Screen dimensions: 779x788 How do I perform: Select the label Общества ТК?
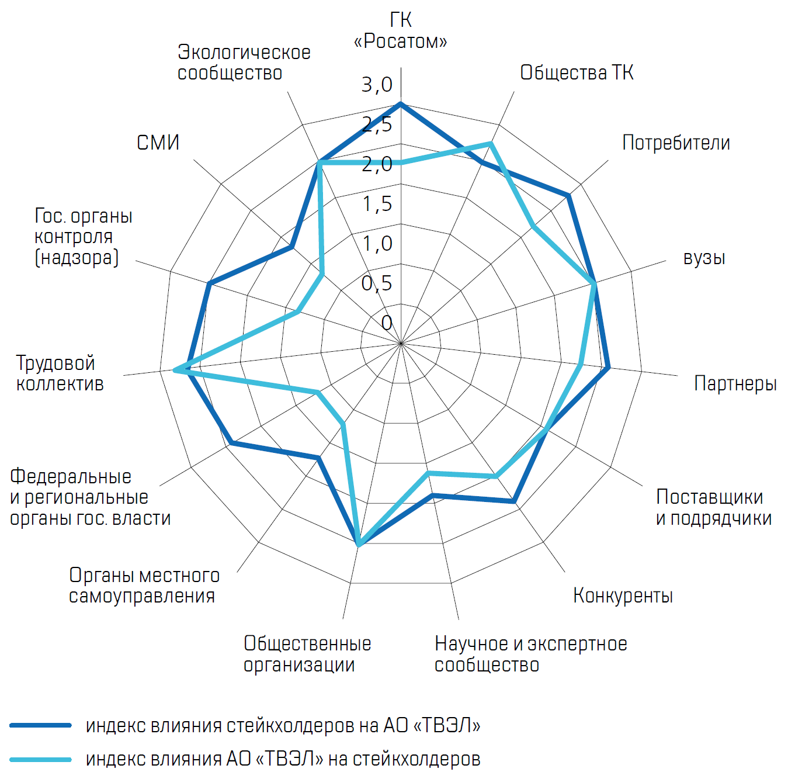coord(577,72)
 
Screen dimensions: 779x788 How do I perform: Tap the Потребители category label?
coord(676,143)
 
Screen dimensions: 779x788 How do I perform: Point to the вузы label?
coord(704,258)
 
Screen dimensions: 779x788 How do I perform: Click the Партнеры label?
coord(735,383)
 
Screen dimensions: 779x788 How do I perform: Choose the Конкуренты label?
coord(623,595)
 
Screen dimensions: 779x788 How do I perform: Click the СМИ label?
coord(158,143)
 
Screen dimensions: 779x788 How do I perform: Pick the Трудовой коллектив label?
coord(60,373)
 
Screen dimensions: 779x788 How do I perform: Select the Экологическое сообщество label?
coord(244,63)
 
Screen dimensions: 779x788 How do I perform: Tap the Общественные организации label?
coord(307,654)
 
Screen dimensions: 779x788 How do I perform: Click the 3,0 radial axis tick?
coord(377,85)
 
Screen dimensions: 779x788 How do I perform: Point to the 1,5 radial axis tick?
coord(377,204)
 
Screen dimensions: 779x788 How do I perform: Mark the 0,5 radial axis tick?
coord(377,283)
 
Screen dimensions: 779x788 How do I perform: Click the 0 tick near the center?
coord(386,323)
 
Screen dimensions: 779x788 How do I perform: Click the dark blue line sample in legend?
coord(41,725)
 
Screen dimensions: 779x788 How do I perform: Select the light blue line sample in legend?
coord(41,759)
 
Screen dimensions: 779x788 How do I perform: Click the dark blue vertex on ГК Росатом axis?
coord(401,104)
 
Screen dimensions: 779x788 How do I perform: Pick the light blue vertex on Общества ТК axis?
coord(491,143)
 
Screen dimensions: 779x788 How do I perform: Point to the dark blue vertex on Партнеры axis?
coord(608,368)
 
